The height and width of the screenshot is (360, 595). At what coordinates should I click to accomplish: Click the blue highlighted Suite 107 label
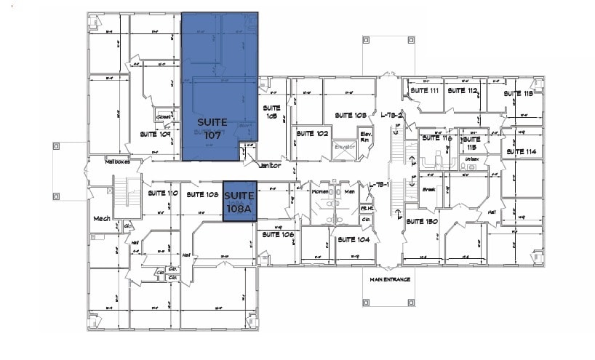212,128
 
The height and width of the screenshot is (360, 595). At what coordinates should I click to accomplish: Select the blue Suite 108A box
239,201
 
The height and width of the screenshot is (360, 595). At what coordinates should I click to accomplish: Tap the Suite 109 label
155,135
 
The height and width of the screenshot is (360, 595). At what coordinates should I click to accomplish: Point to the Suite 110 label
163,193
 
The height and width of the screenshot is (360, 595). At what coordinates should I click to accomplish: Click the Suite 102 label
312,134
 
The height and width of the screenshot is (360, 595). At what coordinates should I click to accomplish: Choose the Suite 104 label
354,239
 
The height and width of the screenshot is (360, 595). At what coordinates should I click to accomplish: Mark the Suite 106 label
278,234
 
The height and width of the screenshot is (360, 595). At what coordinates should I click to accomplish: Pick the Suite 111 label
424,91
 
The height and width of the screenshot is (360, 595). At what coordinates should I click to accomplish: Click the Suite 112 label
462,91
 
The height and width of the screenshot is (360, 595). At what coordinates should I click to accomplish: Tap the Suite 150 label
421,221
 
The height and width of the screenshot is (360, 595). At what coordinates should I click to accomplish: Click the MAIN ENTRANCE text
390,279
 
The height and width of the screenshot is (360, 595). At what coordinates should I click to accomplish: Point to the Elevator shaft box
343,147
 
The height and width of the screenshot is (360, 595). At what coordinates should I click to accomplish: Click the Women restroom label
320,191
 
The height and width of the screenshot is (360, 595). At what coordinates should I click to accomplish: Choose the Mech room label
100,218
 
